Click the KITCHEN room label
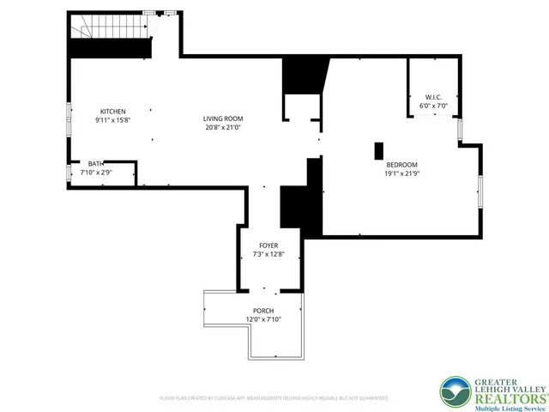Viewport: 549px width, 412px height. tap(112, 112)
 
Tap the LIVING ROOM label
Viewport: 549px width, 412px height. tap(223, 118)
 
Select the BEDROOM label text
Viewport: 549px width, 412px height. tap(401, 165)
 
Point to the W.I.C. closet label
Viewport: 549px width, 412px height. tap(432, 97)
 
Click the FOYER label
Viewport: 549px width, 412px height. tap(268, 245)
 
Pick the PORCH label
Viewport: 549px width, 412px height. tap(263, 310)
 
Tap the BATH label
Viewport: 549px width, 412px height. tap(96, 164)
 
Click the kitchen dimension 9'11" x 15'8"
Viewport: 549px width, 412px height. tap(112, 120)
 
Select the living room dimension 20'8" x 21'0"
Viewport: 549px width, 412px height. tap(223, 127)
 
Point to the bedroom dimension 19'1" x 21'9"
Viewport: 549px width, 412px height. tap(401, 173)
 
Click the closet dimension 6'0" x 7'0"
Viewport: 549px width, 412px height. tap(432, 106)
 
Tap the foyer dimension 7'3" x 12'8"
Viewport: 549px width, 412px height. tap(268, 254)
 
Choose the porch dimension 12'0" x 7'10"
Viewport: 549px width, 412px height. tap(263, 319)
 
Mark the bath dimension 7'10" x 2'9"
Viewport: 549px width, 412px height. tap(96, 173)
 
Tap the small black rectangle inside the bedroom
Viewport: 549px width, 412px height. tap(378, 150)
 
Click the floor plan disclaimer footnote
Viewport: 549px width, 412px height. tap(274, 398)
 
